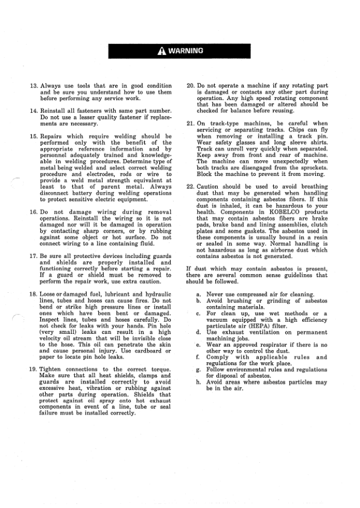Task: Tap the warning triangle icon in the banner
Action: click(x=162, y=51)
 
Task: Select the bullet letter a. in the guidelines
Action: click(x=199, y=294)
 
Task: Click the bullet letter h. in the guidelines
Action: click(x=199, y=383)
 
